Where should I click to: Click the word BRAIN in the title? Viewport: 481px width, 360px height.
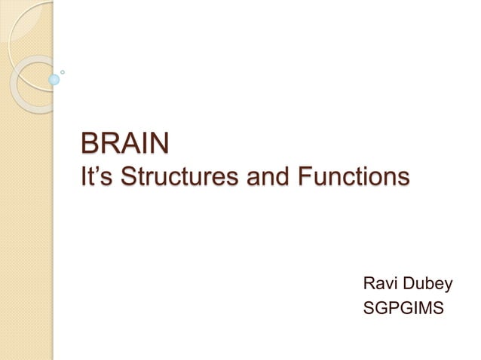(124, 142)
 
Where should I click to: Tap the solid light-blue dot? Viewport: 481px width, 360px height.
(54, 78)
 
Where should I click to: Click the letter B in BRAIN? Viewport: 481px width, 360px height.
(89, 142)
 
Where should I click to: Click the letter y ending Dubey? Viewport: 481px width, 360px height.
(448, 286)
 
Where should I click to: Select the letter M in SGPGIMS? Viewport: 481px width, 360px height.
(432, 307)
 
